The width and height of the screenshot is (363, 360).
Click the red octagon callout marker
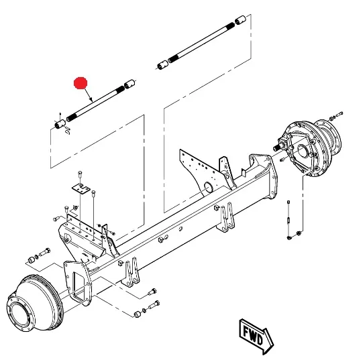(81, 83)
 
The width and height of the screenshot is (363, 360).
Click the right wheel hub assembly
(310, 147)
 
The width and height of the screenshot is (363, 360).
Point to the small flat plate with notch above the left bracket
(81, 188)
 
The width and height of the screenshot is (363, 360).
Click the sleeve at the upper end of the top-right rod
(240, 20)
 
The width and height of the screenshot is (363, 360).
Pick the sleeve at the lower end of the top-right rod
(163, 65)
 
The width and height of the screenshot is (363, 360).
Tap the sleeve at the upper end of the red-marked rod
(129, 84)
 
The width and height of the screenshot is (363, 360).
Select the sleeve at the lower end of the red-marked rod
(60, 124)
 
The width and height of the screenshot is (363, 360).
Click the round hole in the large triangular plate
(209, 187)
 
